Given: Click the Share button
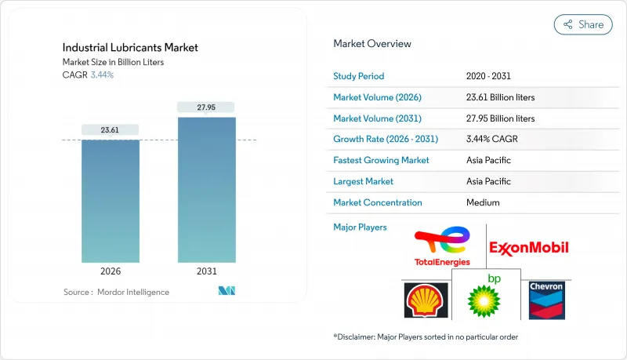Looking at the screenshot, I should click(583, 24).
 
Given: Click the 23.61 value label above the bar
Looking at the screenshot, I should click(111, 130).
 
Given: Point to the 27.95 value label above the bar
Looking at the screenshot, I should click(206, 107).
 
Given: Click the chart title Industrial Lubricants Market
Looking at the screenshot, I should click(130, 48).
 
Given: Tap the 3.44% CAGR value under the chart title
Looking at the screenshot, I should click(101, 75).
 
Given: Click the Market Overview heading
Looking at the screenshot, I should click(372, 44).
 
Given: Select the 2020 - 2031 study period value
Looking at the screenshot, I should click(489, 76).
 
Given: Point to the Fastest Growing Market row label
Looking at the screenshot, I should click(382, 160).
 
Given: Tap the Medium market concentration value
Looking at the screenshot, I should click(483, 202).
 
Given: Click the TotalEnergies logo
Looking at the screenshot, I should click(441, 245).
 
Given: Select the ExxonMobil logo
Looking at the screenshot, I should click(529, 248).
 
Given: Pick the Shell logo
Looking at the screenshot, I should click(426, 300).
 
